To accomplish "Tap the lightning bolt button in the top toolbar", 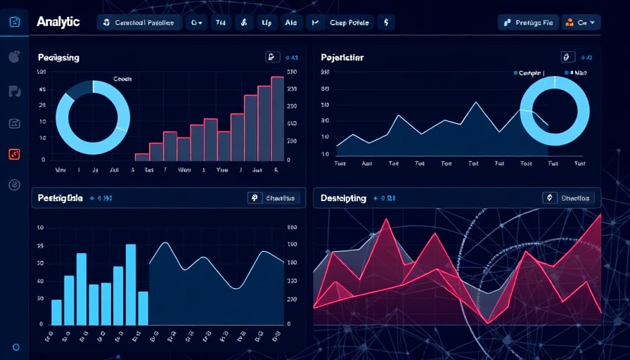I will tap(385, 22).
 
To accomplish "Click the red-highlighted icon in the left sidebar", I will tap(15, 155).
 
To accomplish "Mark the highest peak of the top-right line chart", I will tap(476, 103).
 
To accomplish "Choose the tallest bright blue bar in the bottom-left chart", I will tap(131, 284).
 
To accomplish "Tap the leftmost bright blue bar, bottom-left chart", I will tap(57, 312).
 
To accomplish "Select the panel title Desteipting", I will tap(344, 198).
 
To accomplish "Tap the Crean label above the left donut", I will tap(122, 79).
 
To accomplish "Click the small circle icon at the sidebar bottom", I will tap(15, 347).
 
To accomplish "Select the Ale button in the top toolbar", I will tap(291, 22).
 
